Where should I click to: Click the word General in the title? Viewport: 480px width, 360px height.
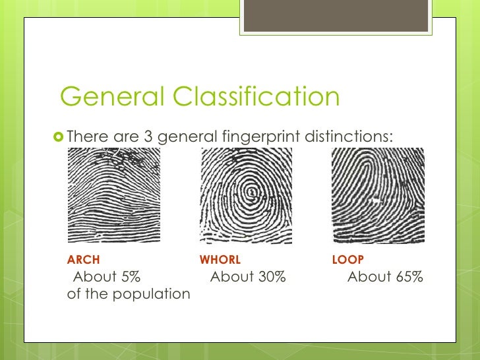click(111, 96)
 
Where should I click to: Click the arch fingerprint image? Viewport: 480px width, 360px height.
click(114, 195)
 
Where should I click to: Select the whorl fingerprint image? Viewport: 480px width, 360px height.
click(246, 195)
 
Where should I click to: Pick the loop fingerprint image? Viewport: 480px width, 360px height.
click(378, 195)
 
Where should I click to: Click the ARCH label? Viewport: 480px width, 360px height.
click(84, 260)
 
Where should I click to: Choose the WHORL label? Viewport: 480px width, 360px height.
click(220, 260)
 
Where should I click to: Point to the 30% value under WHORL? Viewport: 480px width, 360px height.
click(272, 277)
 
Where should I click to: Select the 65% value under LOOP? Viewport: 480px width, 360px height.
click(409, 277)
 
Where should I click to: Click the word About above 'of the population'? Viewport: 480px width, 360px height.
click(95, 277)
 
